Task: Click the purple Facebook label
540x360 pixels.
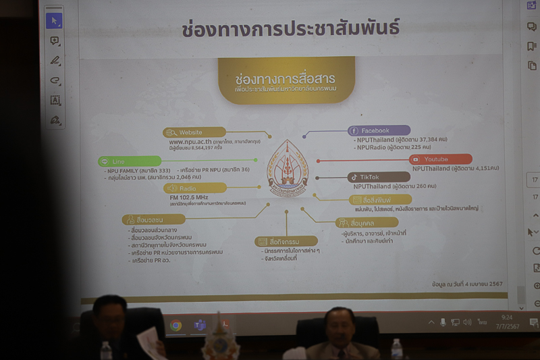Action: pyautogui.click(x=379, y=130)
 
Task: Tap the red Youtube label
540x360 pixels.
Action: pyautogui.click(x=440, y=159)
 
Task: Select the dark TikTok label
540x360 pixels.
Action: pyautogui.click(x=379, y=177)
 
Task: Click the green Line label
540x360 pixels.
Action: pyautogui.click(x=130, y=161)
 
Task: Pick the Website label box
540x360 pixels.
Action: pyautogui.click(x=194, y=132)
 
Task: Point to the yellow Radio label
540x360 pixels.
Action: pyautogui.click(x=194, y=188)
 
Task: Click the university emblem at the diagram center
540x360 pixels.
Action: pyautogui.click(x=288, y=169)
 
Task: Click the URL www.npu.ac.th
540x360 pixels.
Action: pyautogui.click(x=190, y=142)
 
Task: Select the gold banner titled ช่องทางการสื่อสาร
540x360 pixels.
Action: pyautogui.click(x=286, y=80)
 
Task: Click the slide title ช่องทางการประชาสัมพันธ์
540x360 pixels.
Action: pyautogui.click(x=290, y=28)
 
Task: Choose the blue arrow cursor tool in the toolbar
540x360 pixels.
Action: pyautogui.click(x=54, y=20)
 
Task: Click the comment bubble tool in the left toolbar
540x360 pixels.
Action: pyautogui.click(x=55, y=41)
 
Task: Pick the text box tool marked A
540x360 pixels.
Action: pyautogui.click(x=55, y=100)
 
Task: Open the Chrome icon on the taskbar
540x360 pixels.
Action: pyautogui.click(x=175, y=326)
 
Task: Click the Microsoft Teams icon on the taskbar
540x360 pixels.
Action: pyautogui.click(x=200, y=326)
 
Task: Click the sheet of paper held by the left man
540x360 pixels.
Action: pyautogui.click(x=151, y=342)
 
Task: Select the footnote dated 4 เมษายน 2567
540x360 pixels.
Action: pyautogui.click(x=468, y=285)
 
